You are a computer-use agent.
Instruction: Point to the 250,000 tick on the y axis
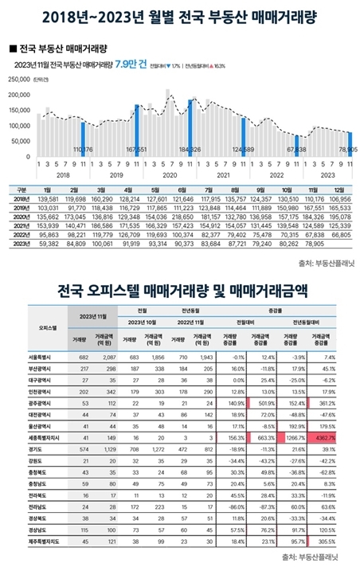coord(18,80)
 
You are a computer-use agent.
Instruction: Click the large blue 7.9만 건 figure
coord(130,65)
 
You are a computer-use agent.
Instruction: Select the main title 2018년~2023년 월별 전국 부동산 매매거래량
coord(180,15)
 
